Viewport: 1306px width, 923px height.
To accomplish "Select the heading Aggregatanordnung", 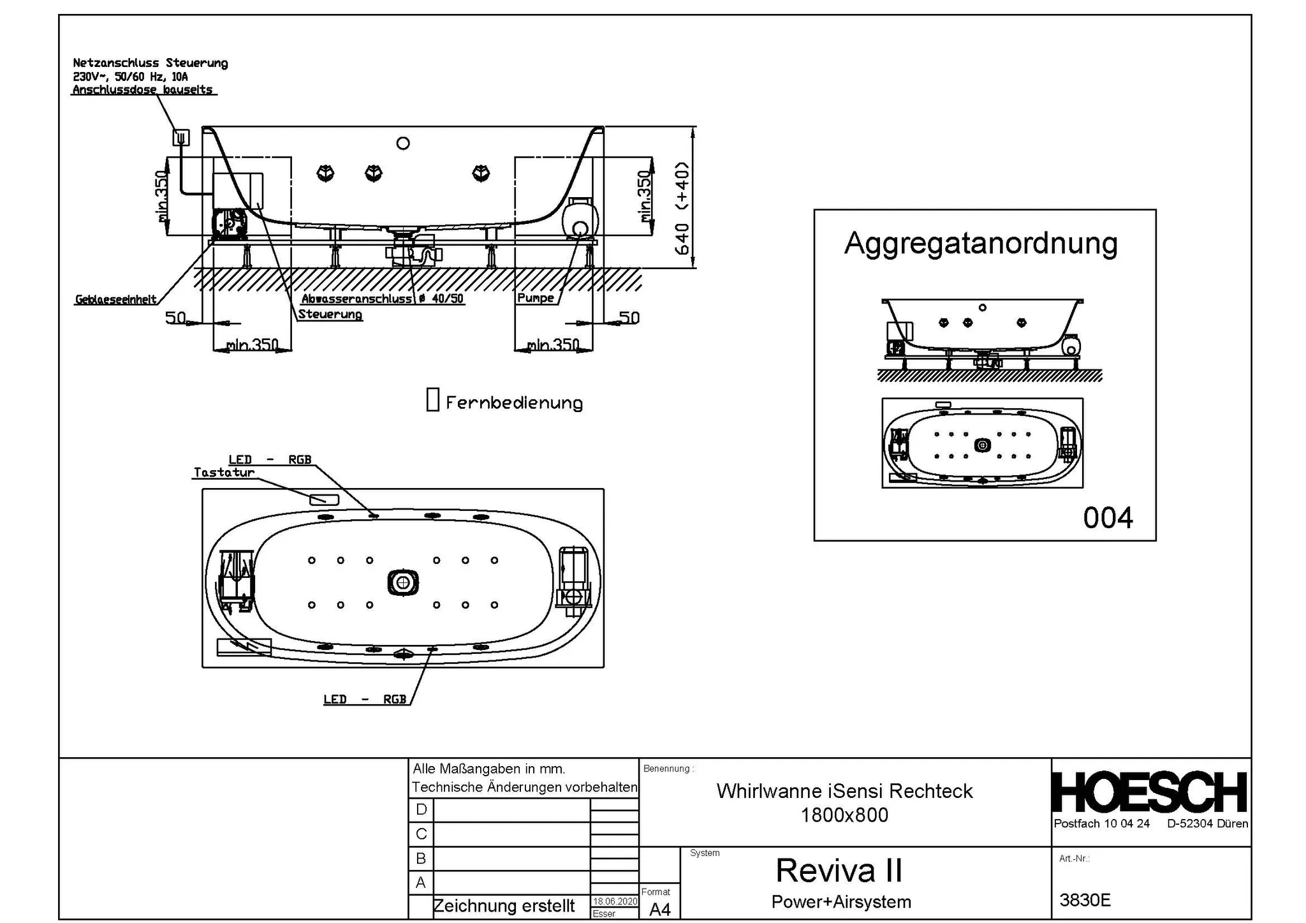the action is point(981,244).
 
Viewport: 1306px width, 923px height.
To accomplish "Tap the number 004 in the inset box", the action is point(1108,517).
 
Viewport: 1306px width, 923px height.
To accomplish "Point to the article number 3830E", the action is point(1085,900).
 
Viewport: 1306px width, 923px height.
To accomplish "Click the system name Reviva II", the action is point(839,870).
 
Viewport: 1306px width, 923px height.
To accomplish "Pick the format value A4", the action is point(659,910).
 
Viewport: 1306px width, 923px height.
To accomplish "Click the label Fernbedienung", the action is point(514,403).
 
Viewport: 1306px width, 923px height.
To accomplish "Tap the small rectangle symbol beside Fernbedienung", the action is point(432,399).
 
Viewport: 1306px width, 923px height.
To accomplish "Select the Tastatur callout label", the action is point(224,473).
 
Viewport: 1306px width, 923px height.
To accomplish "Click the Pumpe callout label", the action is point(535,298).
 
